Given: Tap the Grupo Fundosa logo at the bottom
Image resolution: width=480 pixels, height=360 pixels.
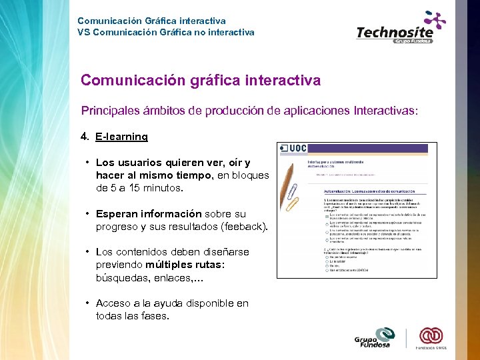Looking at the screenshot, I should (375, 337).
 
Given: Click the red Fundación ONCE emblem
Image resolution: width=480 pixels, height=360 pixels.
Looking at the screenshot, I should (431, 335).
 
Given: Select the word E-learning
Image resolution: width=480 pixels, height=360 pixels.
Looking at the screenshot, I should (122, 137).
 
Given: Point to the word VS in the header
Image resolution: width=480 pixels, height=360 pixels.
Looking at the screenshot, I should (83, 31).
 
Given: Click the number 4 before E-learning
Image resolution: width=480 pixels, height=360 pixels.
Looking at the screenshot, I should (84, 137).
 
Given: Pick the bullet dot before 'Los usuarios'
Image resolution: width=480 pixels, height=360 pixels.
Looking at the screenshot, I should (87, 163).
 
